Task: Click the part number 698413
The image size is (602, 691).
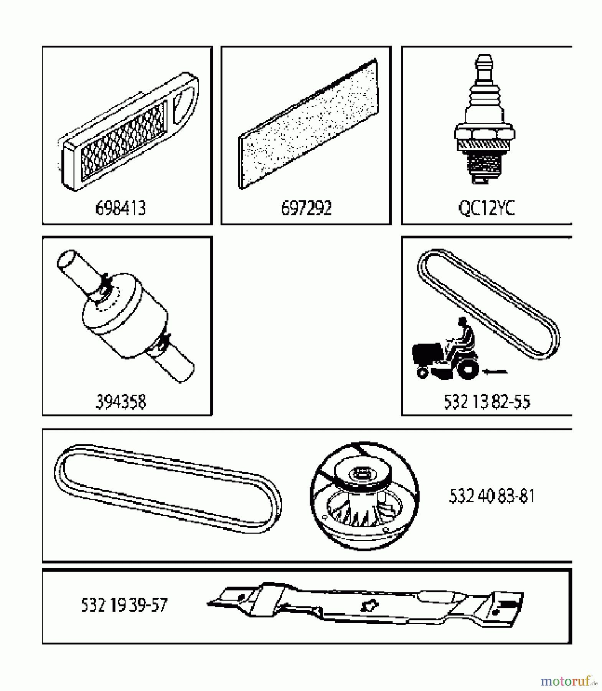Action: pos(120,208)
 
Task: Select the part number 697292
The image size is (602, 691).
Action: pos(306,208)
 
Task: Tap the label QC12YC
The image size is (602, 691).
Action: pos(487,208)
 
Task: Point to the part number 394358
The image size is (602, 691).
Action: pos(120,402)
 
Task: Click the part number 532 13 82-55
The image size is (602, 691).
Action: pos(487,402)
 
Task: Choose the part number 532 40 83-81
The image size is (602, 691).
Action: pos(491,496)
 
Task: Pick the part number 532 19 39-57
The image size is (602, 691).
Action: pos(124,605)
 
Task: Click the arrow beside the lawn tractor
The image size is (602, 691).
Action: pos(496,371)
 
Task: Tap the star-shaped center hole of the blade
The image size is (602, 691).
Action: pos(369,605)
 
